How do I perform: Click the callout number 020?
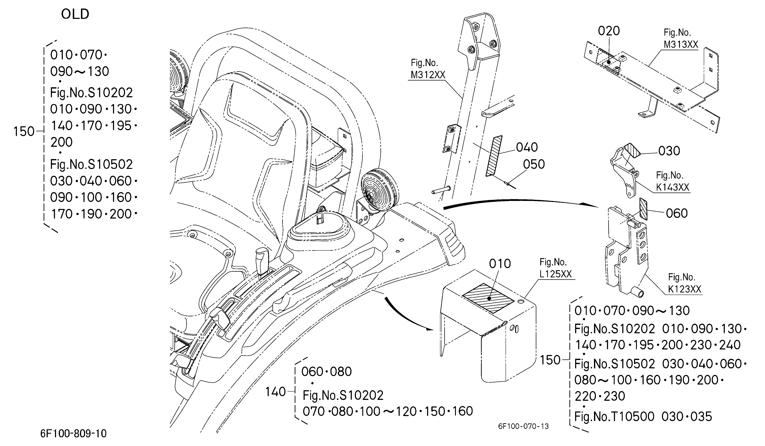coord(609,31)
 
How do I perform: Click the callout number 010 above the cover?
coord(500,264)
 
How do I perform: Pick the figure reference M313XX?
coord(681,44)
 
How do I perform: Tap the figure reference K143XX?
coord(673,187)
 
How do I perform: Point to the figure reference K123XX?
coord(685,289)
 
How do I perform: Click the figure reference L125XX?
coord(556,274)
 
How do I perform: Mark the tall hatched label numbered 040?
coord(494,156)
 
